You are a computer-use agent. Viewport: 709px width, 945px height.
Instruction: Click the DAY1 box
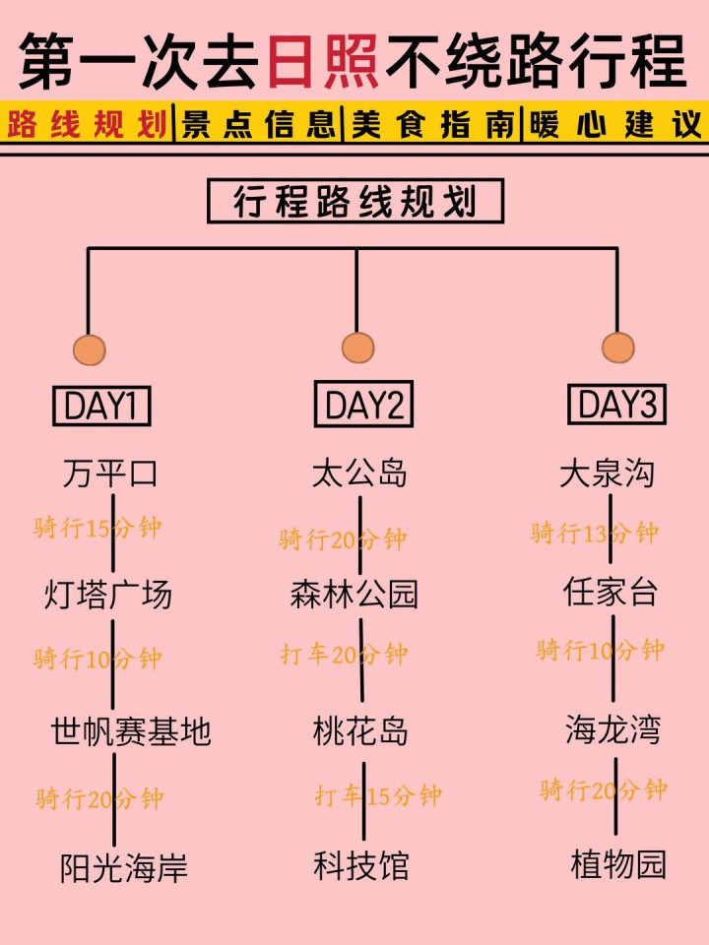pyautogui.click(x=100, y=406)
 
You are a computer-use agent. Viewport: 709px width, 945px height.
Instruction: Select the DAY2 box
pyautogui.click(x=363, y=405)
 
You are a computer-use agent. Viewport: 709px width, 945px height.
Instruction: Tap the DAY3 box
pyautogui.click(x=617, y=404)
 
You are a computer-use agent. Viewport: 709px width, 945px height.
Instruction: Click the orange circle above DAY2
pyautogui.click(x=357, y=347)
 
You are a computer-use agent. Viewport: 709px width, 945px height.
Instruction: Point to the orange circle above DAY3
pyautogui.click(x=618, y=347)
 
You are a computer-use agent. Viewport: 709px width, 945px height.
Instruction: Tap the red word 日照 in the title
pyautogui.click(x=322, y=61)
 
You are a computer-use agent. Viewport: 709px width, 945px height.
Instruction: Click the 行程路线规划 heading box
pyautogui.click(x=354, y=202)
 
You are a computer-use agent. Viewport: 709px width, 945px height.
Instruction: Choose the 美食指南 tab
pyautogui.click(x=432, y=125)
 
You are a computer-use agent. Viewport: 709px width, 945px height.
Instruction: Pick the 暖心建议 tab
pyautogui.click(x=615, y=125)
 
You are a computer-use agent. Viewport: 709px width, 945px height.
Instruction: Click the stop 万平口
pyautogui.click(x=110, y=473)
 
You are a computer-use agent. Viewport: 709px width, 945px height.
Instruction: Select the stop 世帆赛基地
pyautogui.click(x=131, y=731)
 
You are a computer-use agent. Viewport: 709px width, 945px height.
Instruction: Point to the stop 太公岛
pyautogui.click(x=359, y=473)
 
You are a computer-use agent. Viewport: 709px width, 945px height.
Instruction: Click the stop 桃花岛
pyautogui.click(x=360, y=731)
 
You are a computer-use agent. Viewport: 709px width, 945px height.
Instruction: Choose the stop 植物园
pyautogui.click(x=618, y=864)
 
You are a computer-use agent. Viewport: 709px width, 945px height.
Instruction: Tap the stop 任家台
pyautogui.click(x=611, y=592)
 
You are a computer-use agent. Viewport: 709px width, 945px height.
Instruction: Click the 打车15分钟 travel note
pyautogui.click(x=378, y=795)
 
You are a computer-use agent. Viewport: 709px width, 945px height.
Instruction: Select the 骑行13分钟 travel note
pyautogui.click(x=594, y=534)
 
